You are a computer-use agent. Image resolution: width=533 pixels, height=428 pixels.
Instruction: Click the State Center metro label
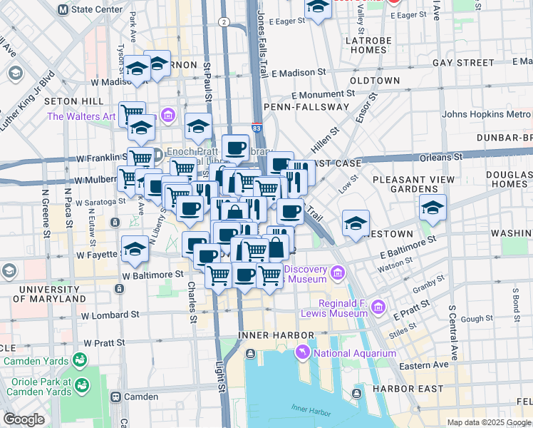click(x=97, y=10)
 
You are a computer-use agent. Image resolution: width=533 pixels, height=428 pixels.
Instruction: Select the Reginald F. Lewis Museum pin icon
click(x=378, y=307)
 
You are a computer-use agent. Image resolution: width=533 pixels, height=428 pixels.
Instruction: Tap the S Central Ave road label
click(x=451, y=332)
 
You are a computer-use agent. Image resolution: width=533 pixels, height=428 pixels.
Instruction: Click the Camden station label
click(x=140, y=397)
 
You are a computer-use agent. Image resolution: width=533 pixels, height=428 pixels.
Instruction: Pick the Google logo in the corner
click(x=24, y=419)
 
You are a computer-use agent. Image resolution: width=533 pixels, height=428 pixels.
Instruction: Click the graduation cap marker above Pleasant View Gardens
click(x=433, y=208)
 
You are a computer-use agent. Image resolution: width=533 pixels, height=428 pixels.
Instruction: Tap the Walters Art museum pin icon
click(x=168, y=115)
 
